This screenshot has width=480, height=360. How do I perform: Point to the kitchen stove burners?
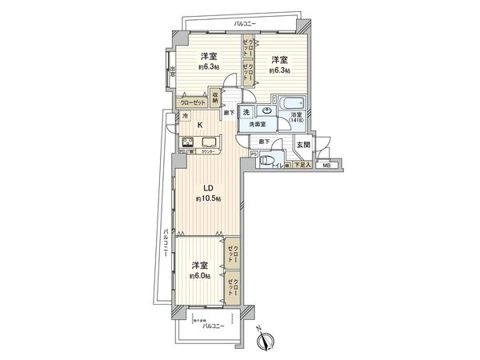click(x=190, y=144)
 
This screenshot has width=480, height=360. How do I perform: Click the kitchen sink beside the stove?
click(x=210, y=144)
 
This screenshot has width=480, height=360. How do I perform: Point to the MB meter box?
click(x=326, y=166)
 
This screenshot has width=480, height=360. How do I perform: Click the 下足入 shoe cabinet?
click(x=299, y=165)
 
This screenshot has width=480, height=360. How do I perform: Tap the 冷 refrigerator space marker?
click(x=186, y=118)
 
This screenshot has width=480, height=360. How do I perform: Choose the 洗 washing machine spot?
click(x=247, y=112)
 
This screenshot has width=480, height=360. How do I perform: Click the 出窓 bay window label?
click(x=172, y=74)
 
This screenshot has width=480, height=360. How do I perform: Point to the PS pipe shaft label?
click(x=254, y=154)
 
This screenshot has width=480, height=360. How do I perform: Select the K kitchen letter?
click(x=201, y=126)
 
